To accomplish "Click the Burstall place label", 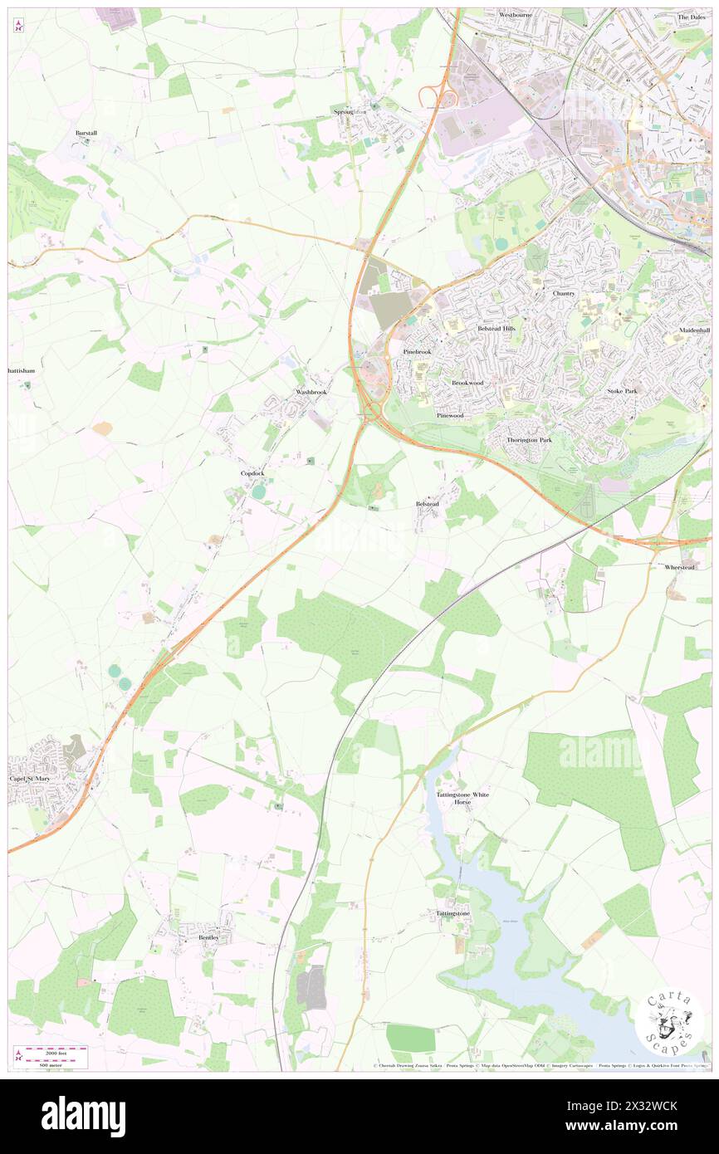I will pyautogui.click(x=86, y=133).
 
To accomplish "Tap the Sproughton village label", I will pyautogui.click(x=350, y=111).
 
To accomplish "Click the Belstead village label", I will pyautogui.click(x=427, y=504).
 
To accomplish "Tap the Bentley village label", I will pyautogui.click(x=213, y=937).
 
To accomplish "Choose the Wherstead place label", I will pyautogui.click(x=688, y=566).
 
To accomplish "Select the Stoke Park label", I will pyautogui.click(x=621, y=390).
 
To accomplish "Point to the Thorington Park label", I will pyautogui.click(x=529, y=439).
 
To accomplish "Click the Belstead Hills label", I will pyautogui.click(x=496, y=329).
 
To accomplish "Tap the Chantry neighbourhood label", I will pyautogui.click(x=564, y=294).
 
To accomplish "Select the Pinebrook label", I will pyautogui.click(x=418, y=352).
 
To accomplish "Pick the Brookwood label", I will pyautogui.click(x=467, y=383).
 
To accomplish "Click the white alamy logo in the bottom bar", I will pyautogui.click(x=84, y=1116).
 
